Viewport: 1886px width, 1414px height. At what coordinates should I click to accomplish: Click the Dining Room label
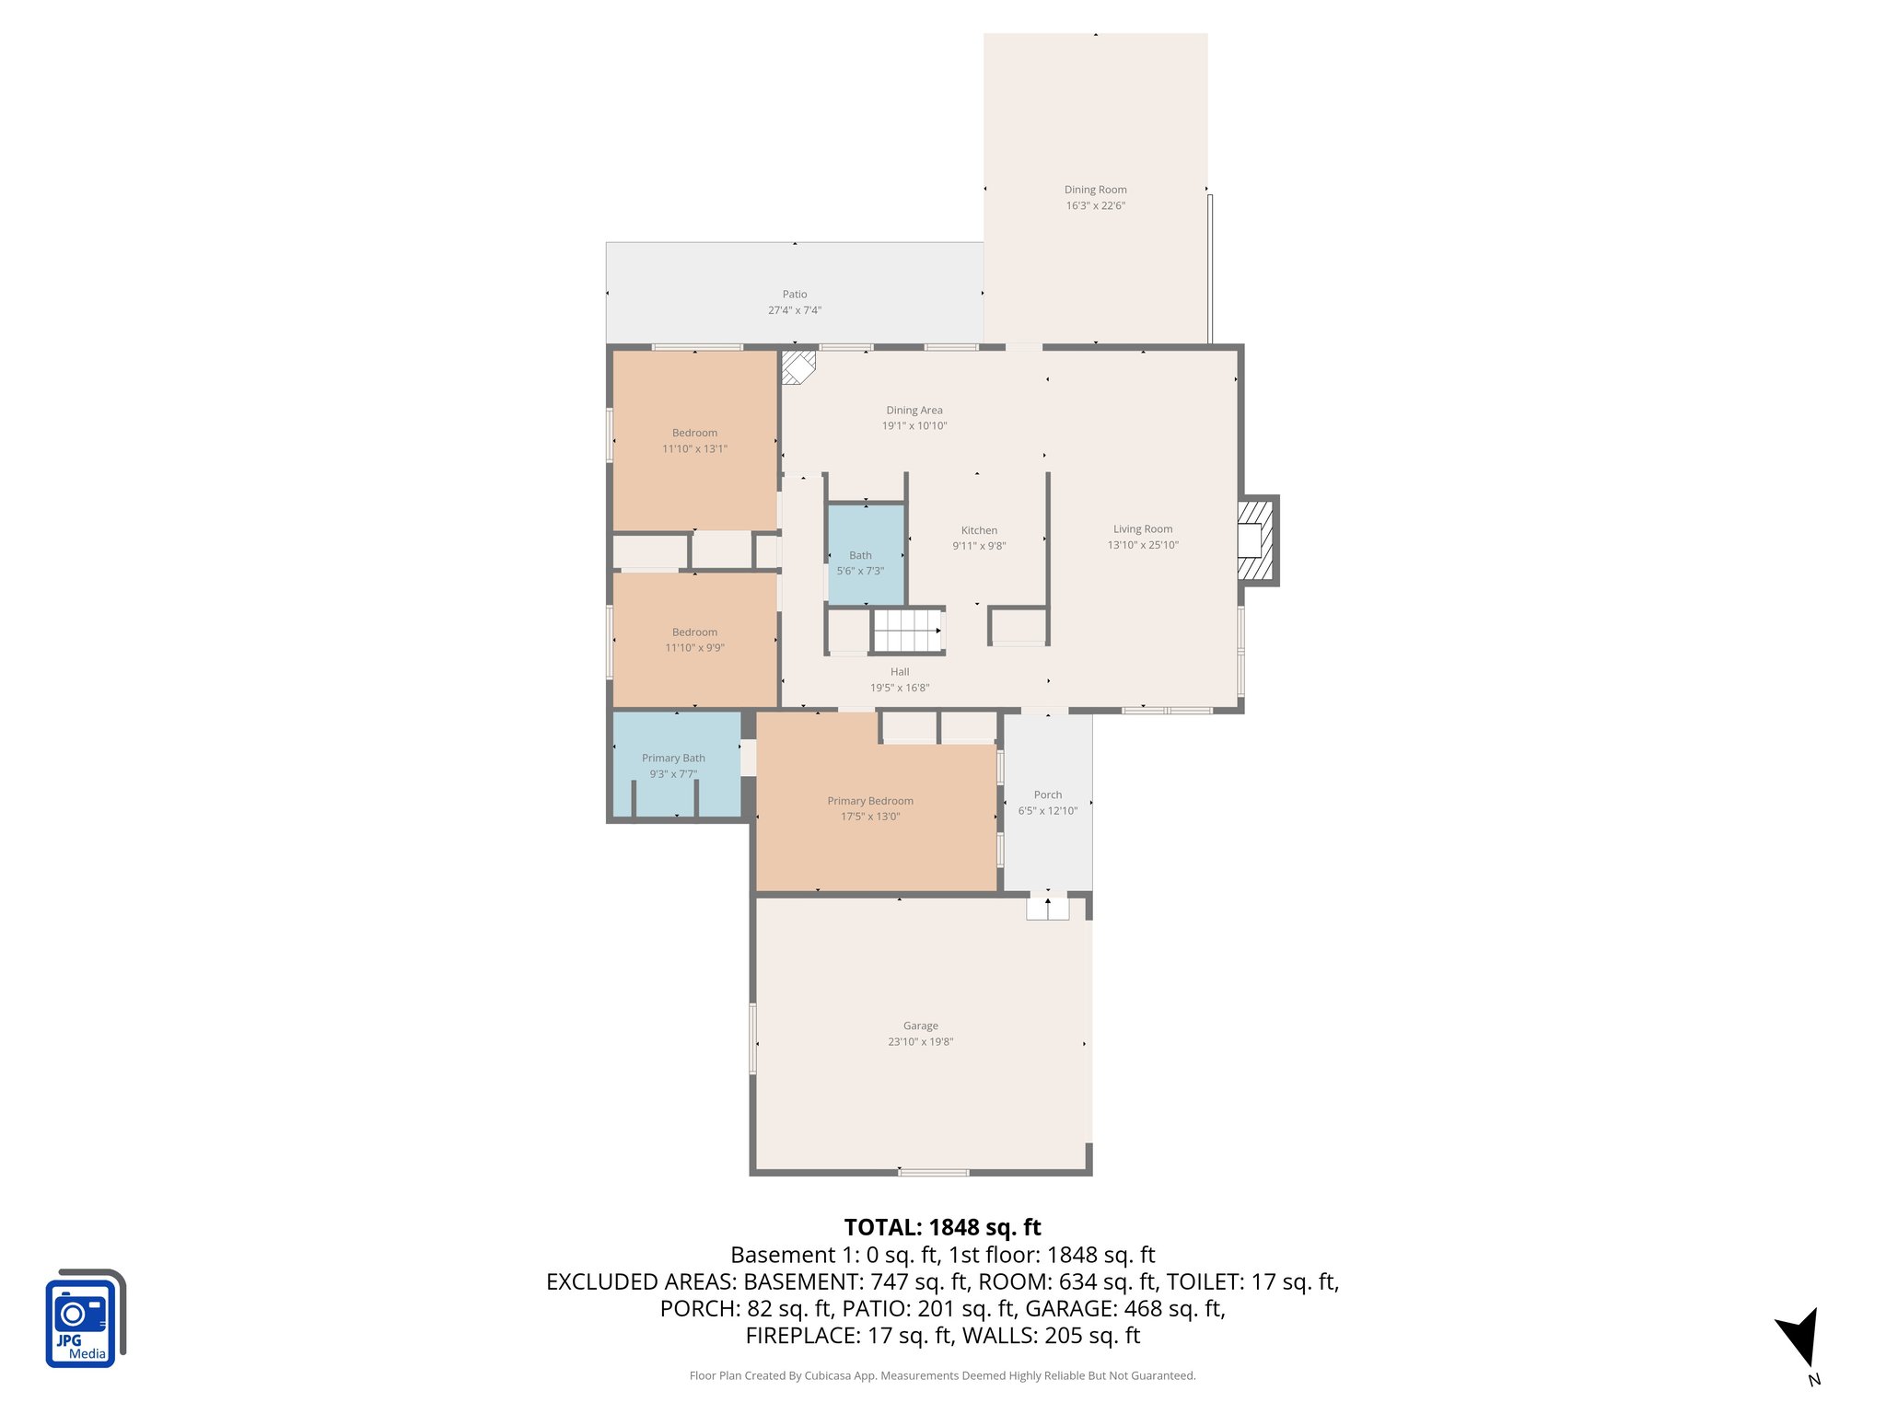(1095, 190)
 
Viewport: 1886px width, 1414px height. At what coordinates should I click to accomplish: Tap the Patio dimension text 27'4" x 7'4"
(795, 310)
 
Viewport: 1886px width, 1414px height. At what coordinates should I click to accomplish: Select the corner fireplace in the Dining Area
(797, 366)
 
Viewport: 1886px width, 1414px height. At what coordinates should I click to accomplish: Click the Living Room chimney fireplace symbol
(1255, 540)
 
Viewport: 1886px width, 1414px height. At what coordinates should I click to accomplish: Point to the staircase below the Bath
(907, 631)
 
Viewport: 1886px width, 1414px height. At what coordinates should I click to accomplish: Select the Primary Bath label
(673, 759)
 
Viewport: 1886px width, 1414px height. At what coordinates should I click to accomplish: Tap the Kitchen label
(979, 530)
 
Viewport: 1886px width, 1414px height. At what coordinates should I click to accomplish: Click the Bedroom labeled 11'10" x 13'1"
(694, 441)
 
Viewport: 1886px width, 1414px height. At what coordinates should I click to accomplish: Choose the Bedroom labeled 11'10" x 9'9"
(694, 640)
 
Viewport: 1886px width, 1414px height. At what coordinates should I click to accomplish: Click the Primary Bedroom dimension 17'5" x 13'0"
(870, 817)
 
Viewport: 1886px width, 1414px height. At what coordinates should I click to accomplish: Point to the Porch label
(1047, 794)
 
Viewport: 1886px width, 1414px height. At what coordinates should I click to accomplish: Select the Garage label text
(920, 1026)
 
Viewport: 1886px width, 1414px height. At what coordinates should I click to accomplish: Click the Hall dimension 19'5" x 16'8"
(900, 688)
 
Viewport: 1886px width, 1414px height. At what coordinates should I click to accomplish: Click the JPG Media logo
(84, 1318)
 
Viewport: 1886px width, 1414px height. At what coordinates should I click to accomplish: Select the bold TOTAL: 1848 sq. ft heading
(942, 1227)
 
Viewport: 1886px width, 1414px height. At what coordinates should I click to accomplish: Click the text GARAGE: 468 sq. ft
(1124, 1308)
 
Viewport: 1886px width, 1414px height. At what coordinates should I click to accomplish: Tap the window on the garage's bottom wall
(933, 1172)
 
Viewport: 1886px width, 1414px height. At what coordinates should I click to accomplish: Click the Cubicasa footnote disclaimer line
(942, 1375)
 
